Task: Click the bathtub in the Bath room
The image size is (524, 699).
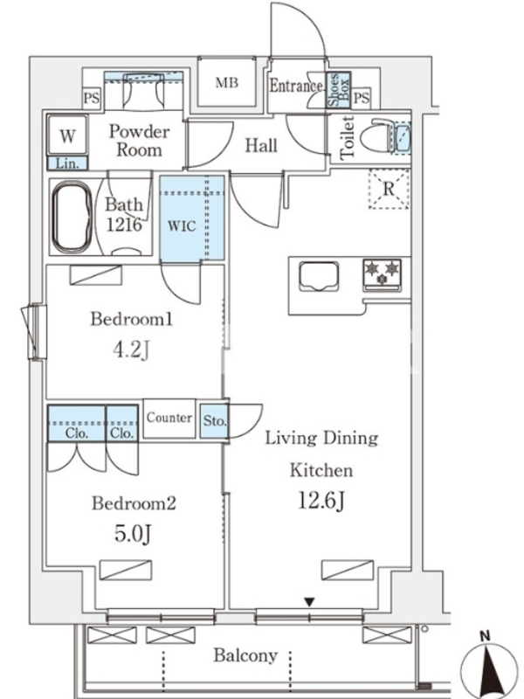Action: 72,217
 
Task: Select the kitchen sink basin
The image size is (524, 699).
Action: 319,276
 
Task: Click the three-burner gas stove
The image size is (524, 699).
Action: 383,274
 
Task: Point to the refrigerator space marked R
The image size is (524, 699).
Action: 389,190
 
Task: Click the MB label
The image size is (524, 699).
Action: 227,82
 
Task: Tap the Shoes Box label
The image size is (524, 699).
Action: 339,90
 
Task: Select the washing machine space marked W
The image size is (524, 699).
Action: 67,136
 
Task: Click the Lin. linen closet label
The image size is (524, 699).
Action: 67,163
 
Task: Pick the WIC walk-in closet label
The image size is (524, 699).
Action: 182,225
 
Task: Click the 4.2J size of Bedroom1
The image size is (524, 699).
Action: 130,350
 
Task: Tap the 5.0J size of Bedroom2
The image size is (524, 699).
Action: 133,533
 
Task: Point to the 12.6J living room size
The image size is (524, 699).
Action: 321,501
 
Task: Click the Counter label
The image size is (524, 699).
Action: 169,418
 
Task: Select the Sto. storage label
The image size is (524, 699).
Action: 215,420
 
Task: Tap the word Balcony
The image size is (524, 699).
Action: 245,656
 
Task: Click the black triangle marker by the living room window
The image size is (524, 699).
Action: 310,603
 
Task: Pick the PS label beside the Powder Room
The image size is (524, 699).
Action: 92,98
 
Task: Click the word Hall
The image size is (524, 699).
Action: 261,145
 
